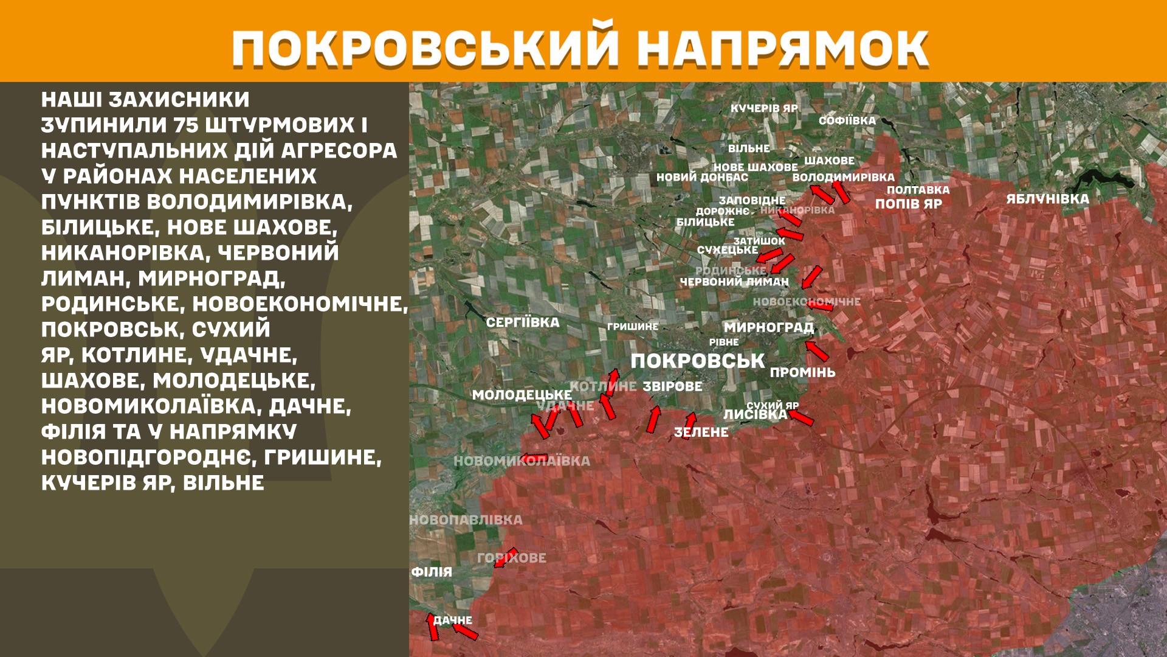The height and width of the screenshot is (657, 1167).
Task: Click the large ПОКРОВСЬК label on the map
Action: [x=697, y=361]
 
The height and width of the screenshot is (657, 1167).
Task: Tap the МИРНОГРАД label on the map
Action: [x=768, y=327]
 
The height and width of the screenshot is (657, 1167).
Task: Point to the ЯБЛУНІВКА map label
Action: [x=1047, y=199]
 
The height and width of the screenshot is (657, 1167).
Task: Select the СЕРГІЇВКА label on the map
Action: [x=523, y=322]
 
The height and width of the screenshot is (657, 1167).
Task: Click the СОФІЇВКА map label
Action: [x=847, y=120]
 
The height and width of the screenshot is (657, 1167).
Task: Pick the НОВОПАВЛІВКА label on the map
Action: [x=466, y=520]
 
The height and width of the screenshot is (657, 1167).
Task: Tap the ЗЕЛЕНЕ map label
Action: [x=701, y=433]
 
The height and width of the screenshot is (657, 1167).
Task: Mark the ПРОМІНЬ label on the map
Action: [x=802, y=372]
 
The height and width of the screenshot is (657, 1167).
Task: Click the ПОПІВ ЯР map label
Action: [x=908, y=204]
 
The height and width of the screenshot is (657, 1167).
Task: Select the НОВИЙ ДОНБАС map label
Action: [x=702, y=178]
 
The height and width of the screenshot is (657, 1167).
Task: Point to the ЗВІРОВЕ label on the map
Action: [x=672, y=386]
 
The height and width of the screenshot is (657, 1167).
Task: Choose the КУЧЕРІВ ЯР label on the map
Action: [x=764, y=108]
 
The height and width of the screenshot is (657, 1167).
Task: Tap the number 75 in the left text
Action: [x=185, y=125]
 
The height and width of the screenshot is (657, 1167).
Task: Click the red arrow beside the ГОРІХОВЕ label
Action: [x=505, y=557]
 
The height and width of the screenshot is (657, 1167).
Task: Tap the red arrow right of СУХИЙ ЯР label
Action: [x=801, y=417]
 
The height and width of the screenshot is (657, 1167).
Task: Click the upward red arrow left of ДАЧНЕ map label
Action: [x=432, y=627]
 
